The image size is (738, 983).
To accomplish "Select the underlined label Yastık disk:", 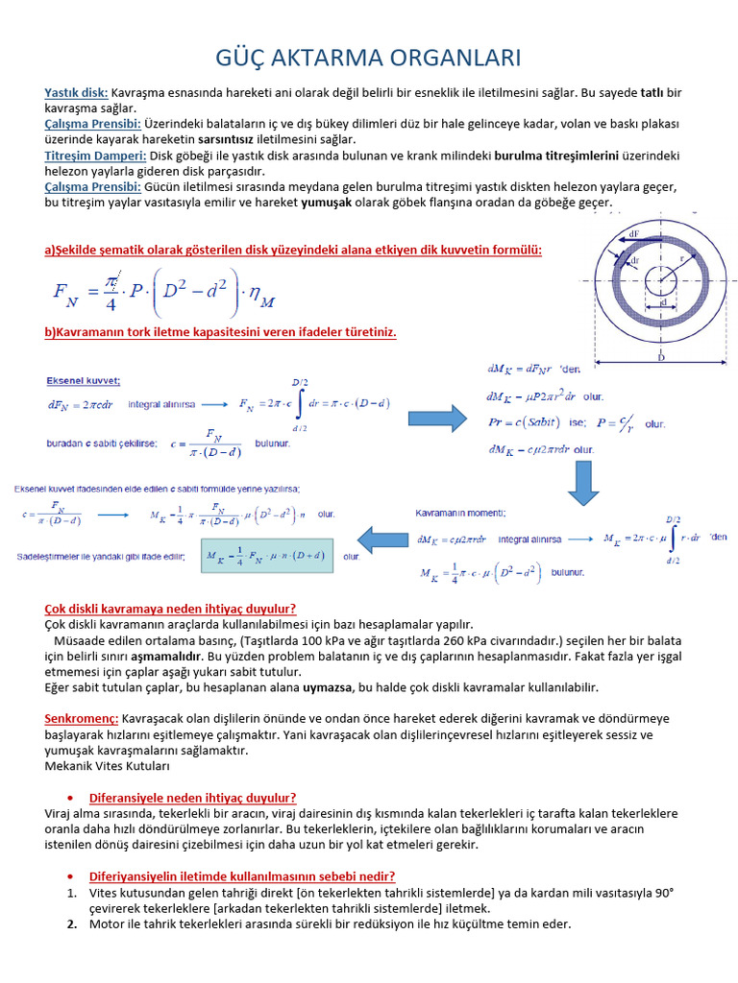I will coord(77,92).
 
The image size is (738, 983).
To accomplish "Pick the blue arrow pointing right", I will coord(437,419).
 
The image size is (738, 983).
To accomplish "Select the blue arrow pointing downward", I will coord(583,483).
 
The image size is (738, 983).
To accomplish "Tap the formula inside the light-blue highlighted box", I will coord(265,556).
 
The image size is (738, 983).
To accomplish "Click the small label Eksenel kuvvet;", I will coord(84,380).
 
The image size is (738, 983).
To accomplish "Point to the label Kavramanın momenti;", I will coord(460,515).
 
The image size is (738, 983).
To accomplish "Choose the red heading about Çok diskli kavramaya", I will coord(170,609).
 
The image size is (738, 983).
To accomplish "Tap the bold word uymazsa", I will coord(326,687).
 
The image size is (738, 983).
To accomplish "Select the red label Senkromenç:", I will coord(82,718).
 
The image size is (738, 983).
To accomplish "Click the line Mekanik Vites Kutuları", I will coord(107,766).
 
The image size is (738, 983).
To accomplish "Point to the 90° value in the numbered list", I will coord(662,893).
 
